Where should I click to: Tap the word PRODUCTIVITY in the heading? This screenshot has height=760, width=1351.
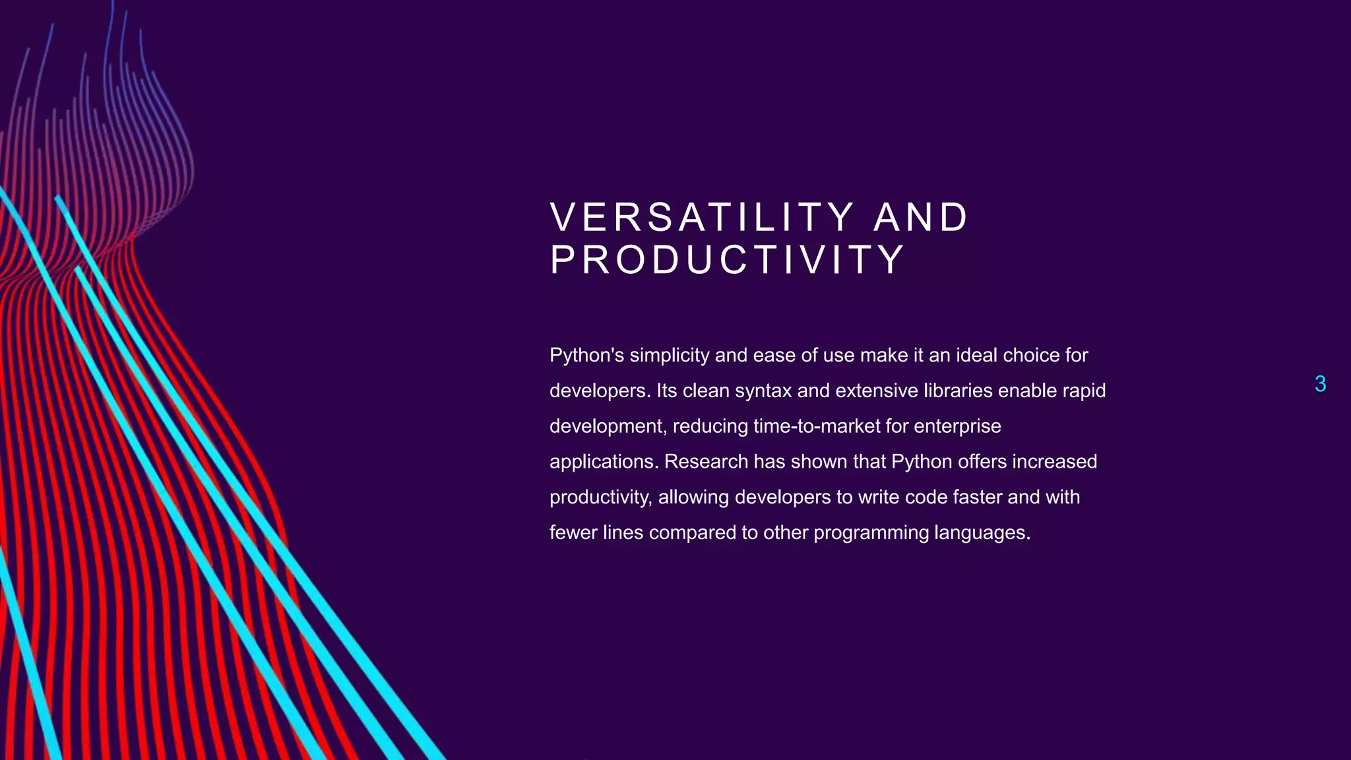click(727, 259)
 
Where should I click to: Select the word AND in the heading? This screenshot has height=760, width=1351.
click(921, 217)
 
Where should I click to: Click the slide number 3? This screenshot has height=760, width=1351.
click(1320, 384)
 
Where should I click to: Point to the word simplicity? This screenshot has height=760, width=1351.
click(669, 356)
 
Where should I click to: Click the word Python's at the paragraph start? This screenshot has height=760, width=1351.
click(586, 356)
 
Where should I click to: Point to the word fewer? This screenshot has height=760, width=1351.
click(573, 533)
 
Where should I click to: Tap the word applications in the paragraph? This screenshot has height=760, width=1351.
click(604, 462)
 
